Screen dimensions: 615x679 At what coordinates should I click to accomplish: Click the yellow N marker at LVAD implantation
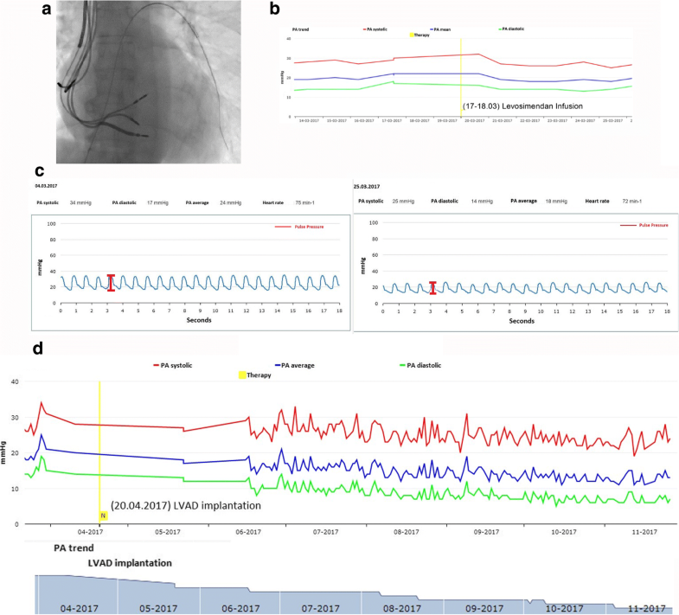(x=102, y=516)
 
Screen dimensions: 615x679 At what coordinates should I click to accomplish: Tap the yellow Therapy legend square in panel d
(x=242, y=375)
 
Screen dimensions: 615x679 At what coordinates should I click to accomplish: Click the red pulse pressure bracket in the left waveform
(x=111, y=283)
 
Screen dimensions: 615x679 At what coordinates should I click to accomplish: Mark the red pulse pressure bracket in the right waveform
(x=432, y=287)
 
